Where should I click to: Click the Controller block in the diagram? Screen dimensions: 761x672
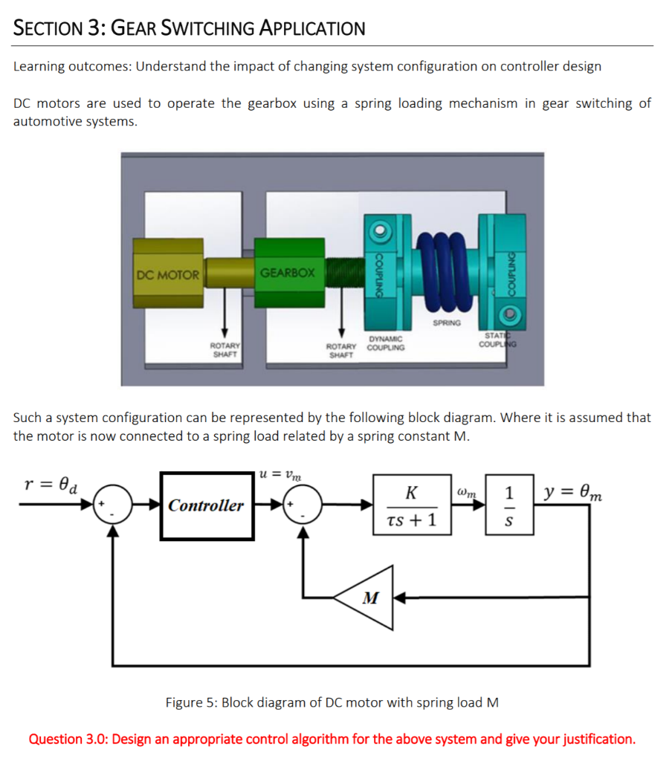(x=205, y=506)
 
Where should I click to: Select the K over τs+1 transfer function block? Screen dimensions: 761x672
(x=412, y=505)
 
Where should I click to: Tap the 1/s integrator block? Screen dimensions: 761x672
(x=508, y=505)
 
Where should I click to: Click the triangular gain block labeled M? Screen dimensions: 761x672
(x=367, y=597)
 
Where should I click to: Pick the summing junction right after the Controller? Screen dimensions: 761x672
(x=303, y=505)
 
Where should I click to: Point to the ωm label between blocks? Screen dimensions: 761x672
(x=468, y=492)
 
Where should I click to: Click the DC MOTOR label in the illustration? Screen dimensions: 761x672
(x=168, y=275)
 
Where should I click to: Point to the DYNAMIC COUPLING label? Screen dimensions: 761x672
(x=386, y=343)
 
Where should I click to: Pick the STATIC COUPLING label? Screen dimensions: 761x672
(x=499, y=340)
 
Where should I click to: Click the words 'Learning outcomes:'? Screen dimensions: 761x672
(x=71, y=66)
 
